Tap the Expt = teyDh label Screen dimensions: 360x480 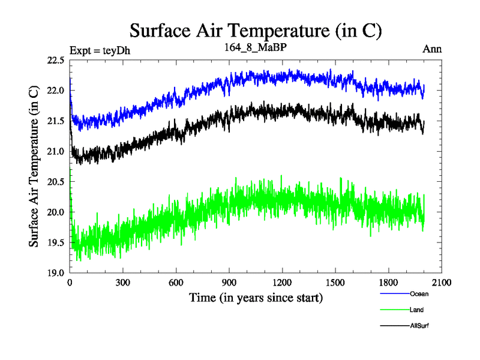(x=100, y=50)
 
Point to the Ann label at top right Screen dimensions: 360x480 (x=432, y=49)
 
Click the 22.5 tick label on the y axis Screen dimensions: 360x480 (x=55, y=60)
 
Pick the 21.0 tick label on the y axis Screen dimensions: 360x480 (x=55, y=151)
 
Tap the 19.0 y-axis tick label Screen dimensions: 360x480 (x=55, y=273)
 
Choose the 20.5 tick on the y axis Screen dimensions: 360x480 (x=55, y=182)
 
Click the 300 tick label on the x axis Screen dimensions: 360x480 (x=123, y=283)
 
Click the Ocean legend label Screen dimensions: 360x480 (x=419, y=294)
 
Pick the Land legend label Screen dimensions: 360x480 (x=416, y=310)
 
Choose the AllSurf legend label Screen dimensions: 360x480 (x=419, y=326)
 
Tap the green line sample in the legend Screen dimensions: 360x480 (x=395, y=310)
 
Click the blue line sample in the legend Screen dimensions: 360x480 (x=395, y=294)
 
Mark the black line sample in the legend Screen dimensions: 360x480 (x=395, y=326)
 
